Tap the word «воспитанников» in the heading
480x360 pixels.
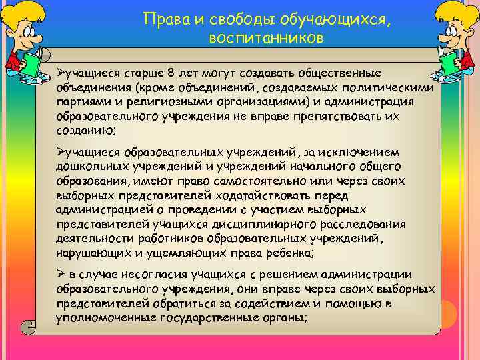coord(266,39)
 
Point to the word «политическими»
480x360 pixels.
coord(393,87)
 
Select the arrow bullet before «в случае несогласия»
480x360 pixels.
coord(61,274)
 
